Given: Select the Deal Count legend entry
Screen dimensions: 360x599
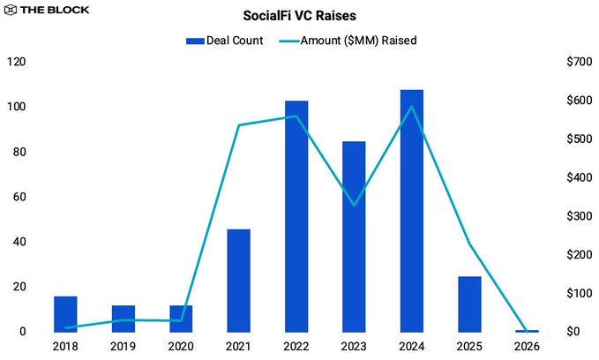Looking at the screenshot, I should pos(224,41).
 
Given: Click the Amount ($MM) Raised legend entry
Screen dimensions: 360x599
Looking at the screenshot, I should pos(348,41).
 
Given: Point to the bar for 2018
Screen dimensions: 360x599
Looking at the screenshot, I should pos(65,314).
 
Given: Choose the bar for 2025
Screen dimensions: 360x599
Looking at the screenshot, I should pos(469,304).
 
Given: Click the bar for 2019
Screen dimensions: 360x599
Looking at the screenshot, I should pos(124,319).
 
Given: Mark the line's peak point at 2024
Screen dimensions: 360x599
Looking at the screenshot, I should pos(411,107).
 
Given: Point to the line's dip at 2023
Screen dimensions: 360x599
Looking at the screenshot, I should pos(354,206).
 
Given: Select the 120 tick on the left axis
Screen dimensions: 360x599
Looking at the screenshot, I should pos(15,62).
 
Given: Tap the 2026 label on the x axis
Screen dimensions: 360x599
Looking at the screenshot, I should pos(527,347).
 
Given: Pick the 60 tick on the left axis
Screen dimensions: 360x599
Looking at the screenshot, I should pos(19,197).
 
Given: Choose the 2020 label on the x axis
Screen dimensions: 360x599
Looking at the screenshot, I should pos(181,347).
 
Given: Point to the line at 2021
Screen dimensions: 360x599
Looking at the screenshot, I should pos(239,125).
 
